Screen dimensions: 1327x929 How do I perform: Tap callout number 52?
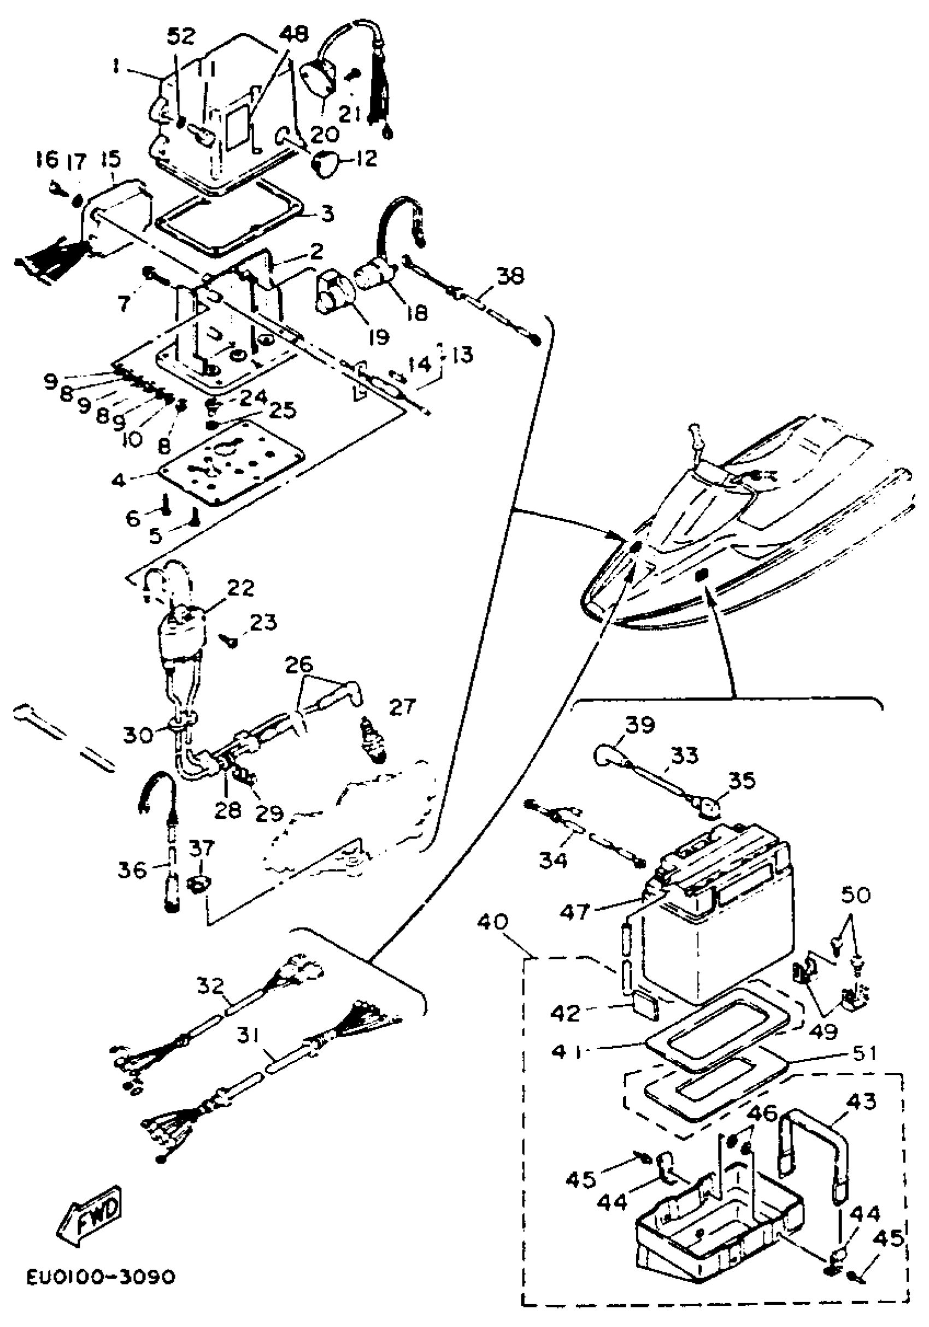click(181, 37)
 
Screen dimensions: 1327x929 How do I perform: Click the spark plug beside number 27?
click(372, 743)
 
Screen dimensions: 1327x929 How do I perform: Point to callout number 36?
click(132, 869)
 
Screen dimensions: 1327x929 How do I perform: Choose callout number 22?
click(240, 588)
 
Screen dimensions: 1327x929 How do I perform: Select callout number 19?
click(379, 337)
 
